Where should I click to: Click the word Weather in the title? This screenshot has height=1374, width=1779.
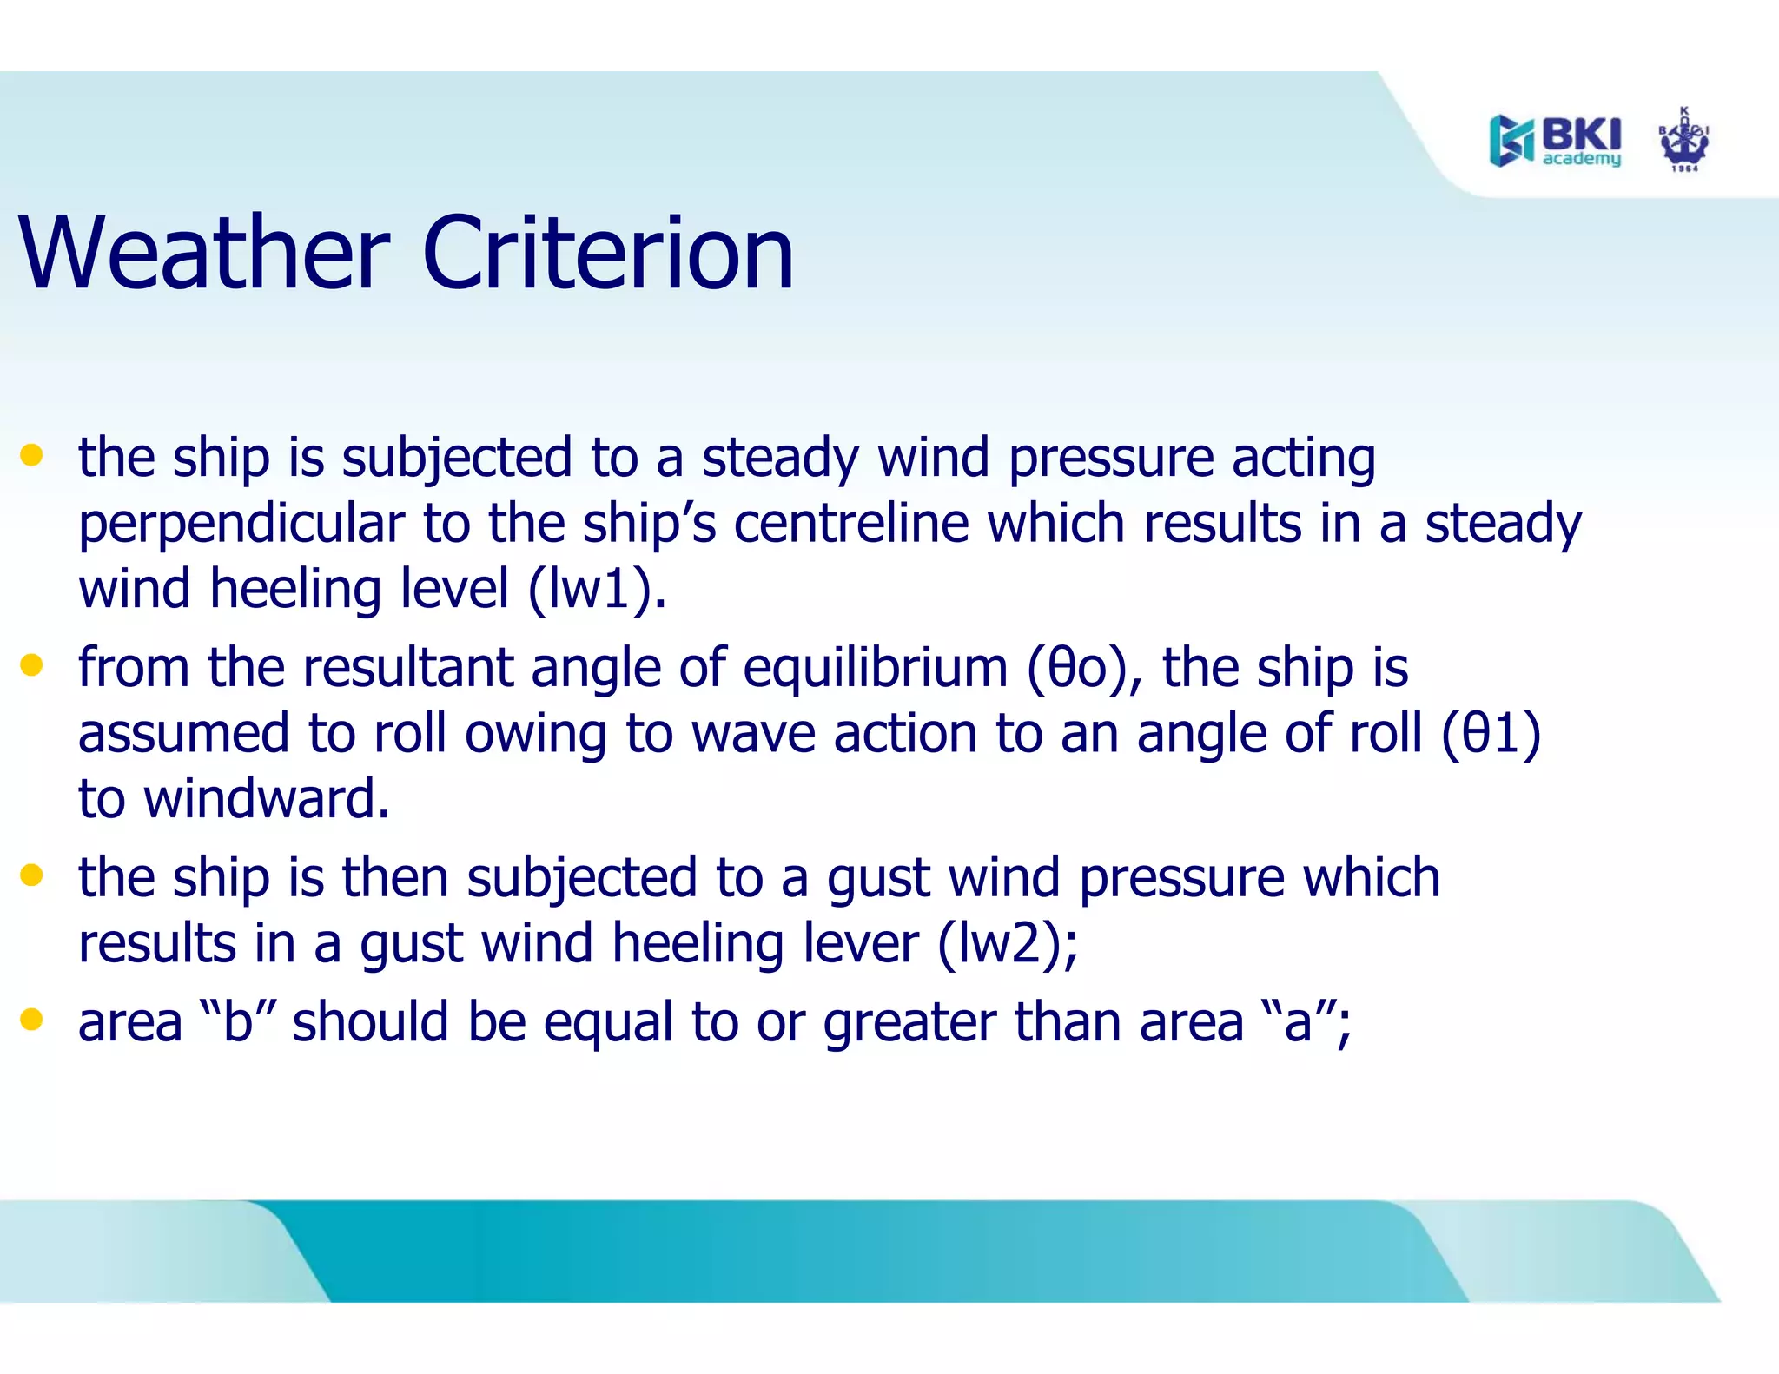coord(204,254)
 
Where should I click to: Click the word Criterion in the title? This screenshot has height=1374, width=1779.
coord(607,254)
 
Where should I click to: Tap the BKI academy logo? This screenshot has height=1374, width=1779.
coord(1555,141)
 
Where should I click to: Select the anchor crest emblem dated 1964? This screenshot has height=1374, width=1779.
coord(1683,141)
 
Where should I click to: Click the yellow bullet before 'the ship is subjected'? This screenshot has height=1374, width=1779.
coord(32,455)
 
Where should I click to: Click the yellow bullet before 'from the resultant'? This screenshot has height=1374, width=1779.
coord(32,665)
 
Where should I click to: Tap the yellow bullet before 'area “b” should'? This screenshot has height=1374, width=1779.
coord(32,1019)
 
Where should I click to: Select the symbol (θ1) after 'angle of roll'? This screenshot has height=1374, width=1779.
coord(1491,734)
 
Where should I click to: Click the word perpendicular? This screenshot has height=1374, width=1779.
coord(241,525)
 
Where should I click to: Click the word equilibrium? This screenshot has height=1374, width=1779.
coord(875,669)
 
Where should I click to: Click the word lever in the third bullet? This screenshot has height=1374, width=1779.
coord(861,943)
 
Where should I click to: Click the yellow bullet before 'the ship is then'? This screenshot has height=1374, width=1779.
coord(32,875)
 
